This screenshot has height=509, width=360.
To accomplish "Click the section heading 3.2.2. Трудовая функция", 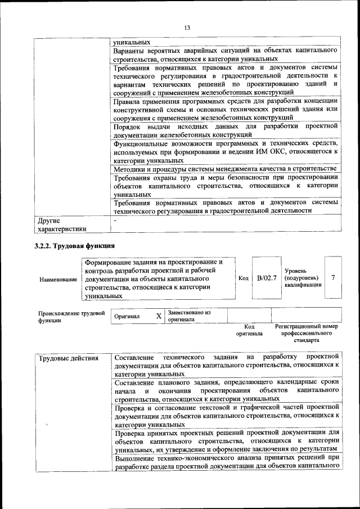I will (x=75, y=246).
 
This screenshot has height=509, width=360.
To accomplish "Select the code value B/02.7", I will (x=267, y=278).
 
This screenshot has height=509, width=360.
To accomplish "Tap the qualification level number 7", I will (x=334, y=278).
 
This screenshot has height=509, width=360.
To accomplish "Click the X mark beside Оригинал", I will (x=159, y=316).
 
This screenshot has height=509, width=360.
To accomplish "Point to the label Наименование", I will (x=58, y=279).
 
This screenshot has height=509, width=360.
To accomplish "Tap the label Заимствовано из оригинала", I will (x=189, y=316).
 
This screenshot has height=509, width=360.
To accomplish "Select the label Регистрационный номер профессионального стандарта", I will (x=307, y=333).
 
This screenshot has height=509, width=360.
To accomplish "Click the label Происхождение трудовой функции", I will (x=71, y=317).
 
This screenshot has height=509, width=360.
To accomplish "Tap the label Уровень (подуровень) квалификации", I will (x=303, y=278).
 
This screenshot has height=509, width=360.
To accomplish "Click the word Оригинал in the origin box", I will (x=127, y=317).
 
